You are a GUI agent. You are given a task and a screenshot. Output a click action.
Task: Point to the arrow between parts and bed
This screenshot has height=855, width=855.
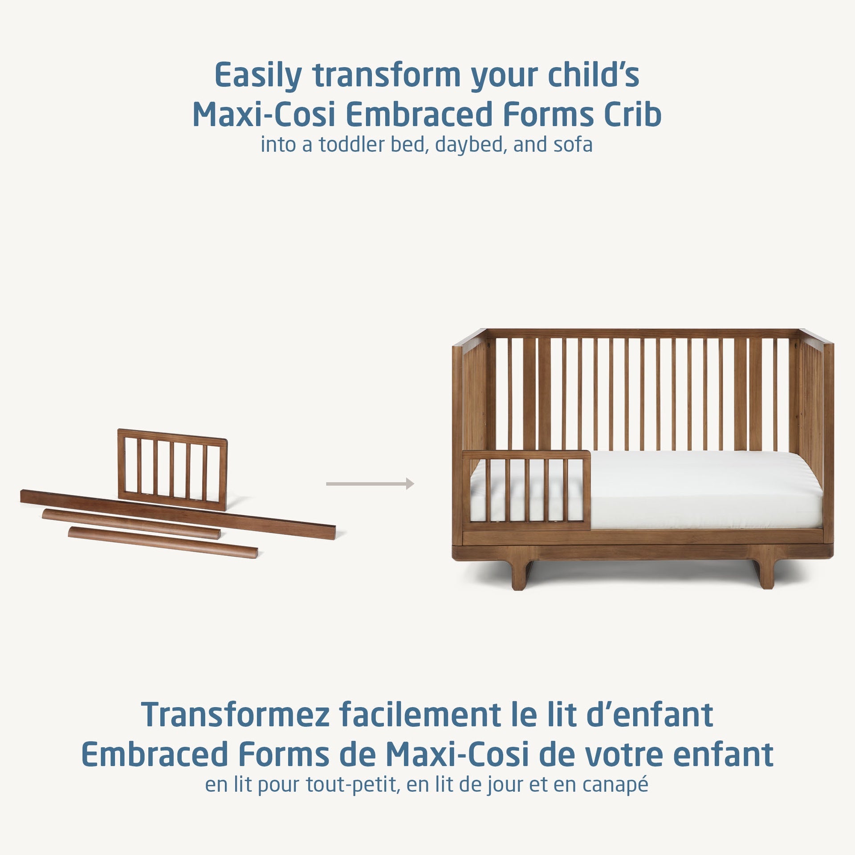[x=370, y=484]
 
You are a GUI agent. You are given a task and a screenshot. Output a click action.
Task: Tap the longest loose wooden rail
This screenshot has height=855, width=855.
[x=178, y=514]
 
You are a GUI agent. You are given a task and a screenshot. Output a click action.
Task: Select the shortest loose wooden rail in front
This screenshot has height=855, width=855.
[x=163, y=542]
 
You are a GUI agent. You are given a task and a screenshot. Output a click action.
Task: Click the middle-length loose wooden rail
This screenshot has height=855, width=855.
[x=131, y=524]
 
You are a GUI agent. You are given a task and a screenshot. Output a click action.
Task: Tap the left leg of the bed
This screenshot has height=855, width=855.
[x=517, y=574]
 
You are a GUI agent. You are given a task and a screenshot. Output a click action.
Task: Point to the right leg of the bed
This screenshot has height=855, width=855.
[x=767, y=574]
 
